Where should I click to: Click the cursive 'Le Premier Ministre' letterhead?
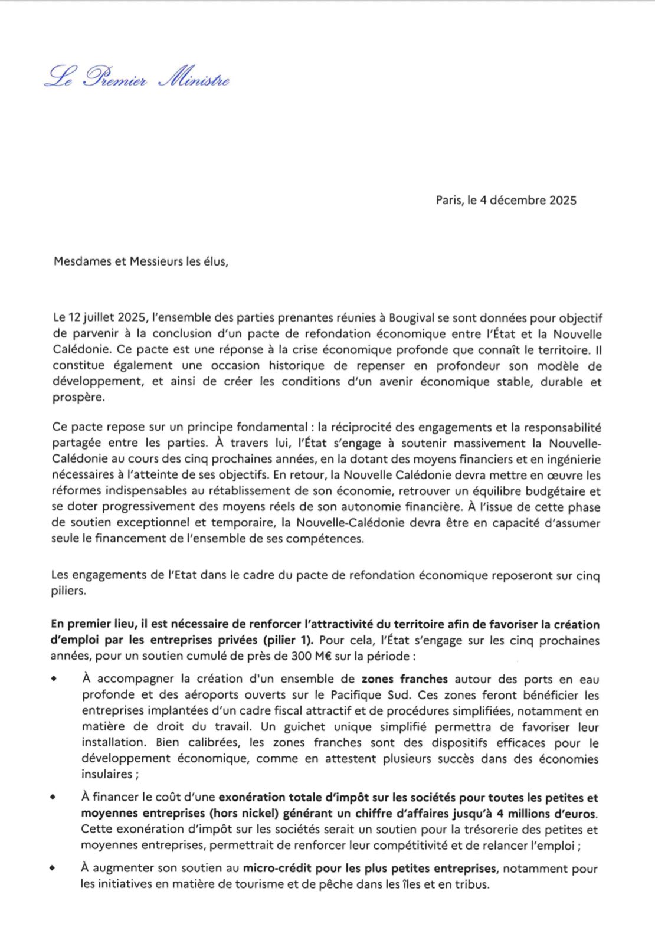click(x=137, y=77)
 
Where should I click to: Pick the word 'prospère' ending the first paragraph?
click(x=78, y=398)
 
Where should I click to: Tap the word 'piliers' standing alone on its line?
click(x=68, y=591)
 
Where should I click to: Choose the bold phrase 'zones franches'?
click(x=404, y=679)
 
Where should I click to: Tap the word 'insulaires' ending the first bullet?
click(x=107, y=774)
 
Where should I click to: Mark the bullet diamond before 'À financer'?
click(x=53, y=797)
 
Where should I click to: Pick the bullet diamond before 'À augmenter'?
click(x=53, y=867)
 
